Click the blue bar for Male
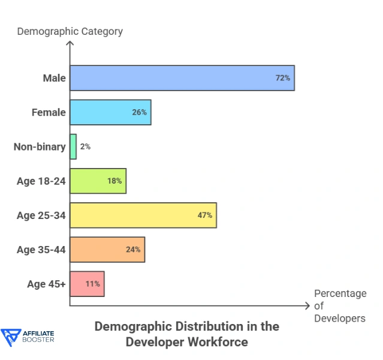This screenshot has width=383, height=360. coord(180,78)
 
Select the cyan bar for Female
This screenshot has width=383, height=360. coord(108,112)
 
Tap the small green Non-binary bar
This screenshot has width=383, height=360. coord(73,146)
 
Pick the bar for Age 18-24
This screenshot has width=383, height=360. coord(96,181)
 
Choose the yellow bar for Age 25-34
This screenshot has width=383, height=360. coord(141,215)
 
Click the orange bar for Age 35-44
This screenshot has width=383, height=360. coord(105,249)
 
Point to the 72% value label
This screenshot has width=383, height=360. coord(282,78)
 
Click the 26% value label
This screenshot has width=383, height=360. coord(139,112)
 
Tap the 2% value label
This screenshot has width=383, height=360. coord(85,146)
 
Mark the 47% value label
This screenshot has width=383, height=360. coord(205,215)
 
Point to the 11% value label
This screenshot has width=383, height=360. coord(92,284)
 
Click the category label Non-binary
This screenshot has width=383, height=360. coord(40,146)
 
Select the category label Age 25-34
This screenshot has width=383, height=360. coord(41,215)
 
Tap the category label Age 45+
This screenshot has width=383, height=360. coord(46,284)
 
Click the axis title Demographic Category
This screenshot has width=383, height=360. coord(70,31)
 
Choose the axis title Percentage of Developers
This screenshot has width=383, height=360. coord(340,306)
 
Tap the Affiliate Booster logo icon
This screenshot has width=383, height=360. coord(10,338)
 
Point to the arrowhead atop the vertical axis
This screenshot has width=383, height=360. coord(70,44)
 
